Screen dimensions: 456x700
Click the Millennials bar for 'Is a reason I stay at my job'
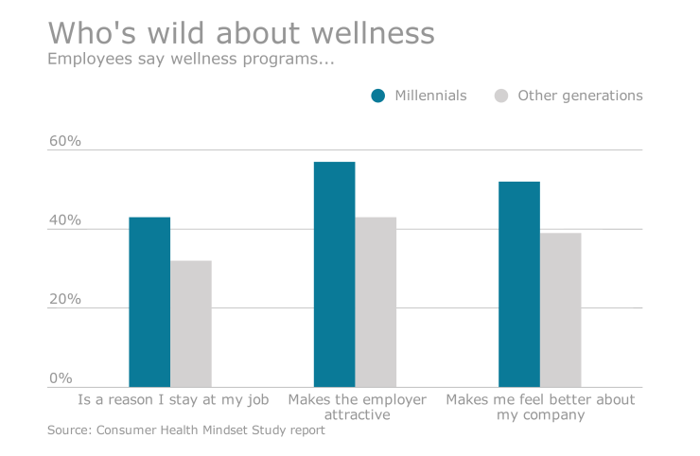click(149, 302)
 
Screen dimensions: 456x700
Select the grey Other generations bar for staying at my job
click(191, 324)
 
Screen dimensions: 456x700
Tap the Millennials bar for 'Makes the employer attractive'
click(335, 274)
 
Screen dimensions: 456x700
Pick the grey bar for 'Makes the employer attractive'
click(376, 302)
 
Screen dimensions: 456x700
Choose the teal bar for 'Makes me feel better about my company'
click(519, 284)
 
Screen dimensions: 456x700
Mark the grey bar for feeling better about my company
click(560, 309)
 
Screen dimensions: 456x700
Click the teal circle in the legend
click(378, 96)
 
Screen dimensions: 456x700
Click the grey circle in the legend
click(502, 96)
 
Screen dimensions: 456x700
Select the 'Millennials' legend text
click(430, 96)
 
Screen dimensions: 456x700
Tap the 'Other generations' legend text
click(580, 96)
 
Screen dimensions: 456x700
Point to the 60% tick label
click(65, 142)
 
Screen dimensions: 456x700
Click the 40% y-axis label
click(65, 220)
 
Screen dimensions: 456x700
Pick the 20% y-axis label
click(65, 299)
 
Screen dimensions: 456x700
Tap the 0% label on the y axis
click(61, 377)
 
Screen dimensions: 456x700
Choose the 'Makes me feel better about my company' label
click(540, 407)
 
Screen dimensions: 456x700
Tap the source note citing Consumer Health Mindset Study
click(185, 430)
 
